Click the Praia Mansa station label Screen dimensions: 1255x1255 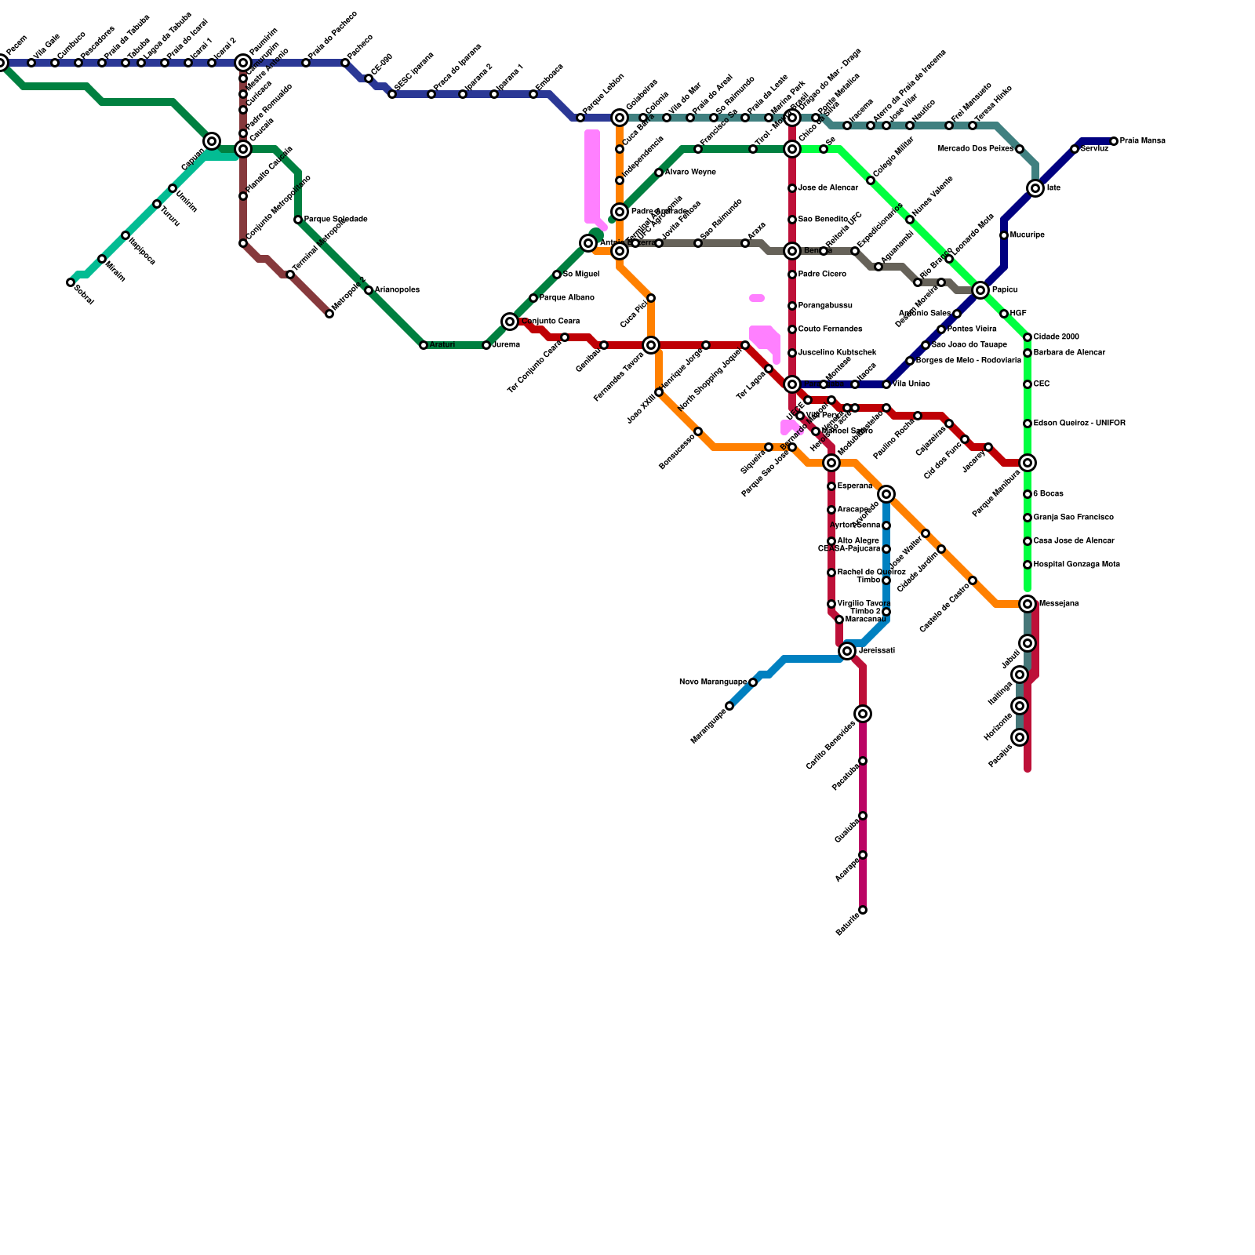pyautogui.click(x=1142, y=141)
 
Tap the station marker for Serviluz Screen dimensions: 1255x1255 pyautogui.click(x=1075, y=149)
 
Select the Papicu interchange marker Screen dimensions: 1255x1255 pyautogui.click(x=980, y=290)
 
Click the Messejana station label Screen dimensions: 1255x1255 pyautogui.click(x=1058, y=604)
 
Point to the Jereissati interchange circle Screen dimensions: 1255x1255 pyautogui.click(x=847, y=651)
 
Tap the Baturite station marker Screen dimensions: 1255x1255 pyautogui.click(x=863, y=910)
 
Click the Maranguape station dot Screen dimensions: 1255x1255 pyautogui.click(x=729, y=706)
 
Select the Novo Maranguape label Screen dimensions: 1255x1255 pyautogui.click(x=712, y=682)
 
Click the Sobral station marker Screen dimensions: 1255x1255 pyautogui.click(x=71, y=282)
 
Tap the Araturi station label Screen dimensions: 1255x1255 pyautogui.click(x=442, y=345)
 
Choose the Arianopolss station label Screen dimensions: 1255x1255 pyautogui.click(x=397, y=290)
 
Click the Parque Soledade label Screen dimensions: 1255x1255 pyautogui.click(x=336, y=220)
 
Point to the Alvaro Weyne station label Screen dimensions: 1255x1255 pyautogui.click(x=690, y=173)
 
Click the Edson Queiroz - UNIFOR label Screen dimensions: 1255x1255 pyautogui.click(x=1079, y=424)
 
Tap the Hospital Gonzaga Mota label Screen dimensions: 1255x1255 pyautogui.click(x=1076, y=565)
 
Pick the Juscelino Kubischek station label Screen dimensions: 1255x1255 pyautogui.click(x=837, y=353)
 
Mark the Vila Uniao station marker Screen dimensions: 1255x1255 pyautogui.click(x=886, y=384)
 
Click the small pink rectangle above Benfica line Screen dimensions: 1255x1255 pyautogui.click(x=757, y=298)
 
